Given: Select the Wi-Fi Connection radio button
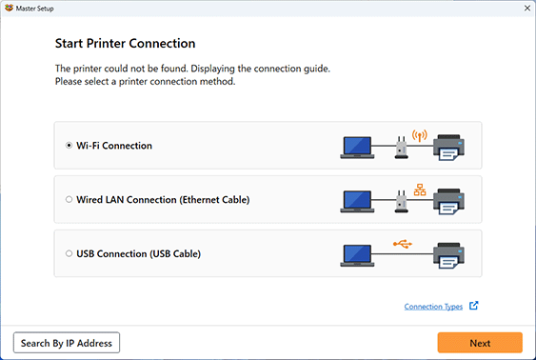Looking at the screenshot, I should coord(69,146).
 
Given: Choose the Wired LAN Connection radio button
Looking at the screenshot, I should coord(69,200).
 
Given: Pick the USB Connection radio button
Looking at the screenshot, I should coord(69,254).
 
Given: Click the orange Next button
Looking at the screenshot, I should coord(480,343).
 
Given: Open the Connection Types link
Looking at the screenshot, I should coord(433,307).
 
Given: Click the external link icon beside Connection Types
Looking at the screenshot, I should coord(474,307).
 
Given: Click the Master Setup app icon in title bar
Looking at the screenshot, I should coord(9,8).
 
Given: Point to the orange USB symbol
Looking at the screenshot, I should coord(404,243).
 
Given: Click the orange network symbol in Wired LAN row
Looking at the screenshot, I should coord(418,189).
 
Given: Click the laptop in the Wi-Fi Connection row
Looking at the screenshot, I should coord(358,147).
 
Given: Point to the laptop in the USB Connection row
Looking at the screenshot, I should coord(358,255).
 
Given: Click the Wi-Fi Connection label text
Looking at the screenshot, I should coord(114,146).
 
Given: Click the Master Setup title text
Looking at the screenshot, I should coord(38,8).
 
